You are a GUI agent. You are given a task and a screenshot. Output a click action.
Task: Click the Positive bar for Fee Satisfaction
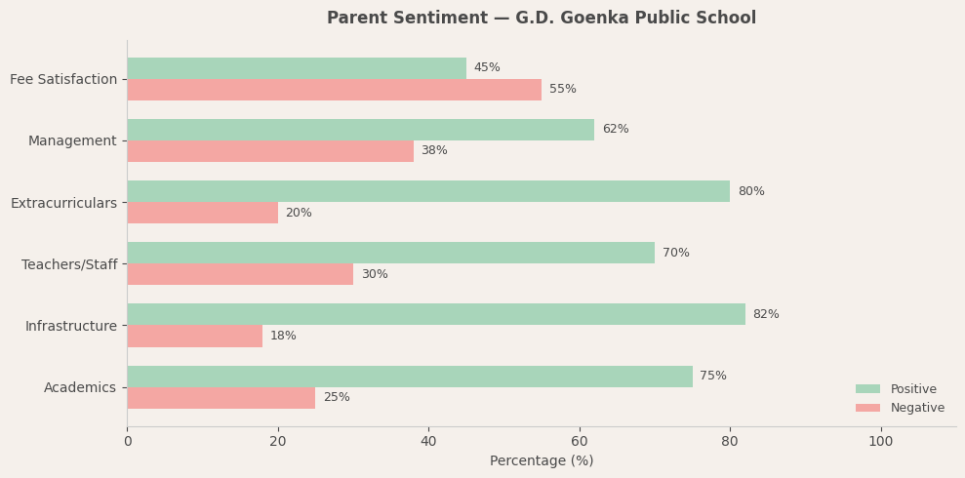tap(297, 68)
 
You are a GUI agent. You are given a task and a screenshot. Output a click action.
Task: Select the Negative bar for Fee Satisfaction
tap(334, 90)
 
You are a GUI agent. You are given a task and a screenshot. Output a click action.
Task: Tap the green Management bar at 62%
tap(360, 130)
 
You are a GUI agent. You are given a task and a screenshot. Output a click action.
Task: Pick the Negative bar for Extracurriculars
tap(202, 213)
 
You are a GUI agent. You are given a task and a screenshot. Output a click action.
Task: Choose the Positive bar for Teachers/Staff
tap(390, 253)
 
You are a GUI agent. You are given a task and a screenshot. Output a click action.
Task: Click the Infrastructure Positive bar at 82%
tap(435, 314)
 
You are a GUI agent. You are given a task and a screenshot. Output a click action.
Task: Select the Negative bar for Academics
tap(221, 398)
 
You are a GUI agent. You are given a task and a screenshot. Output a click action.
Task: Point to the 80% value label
tap(751, 191)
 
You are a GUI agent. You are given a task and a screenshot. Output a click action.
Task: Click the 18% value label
tap(283, 336)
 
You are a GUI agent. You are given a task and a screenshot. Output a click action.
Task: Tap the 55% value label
tap(563, 90)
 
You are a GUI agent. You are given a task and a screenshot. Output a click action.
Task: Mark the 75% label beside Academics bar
tap(713, 377)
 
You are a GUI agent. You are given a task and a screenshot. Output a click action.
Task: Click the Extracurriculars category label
tap(63, 203)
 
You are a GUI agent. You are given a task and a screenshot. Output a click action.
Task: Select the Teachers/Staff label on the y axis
tap(69, 264)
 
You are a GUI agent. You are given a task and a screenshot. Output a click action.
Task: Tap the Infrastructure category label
tap(71, 326)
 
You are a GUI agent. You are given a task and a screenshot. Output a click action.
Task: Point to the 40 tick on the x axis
tap(428, 442)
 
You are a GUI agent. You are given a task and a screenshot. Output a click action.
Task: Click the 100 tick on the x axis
tap(880, 442)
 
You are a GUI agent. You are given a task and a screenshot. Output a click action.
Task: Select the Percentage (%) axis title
tap(542, 461)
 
